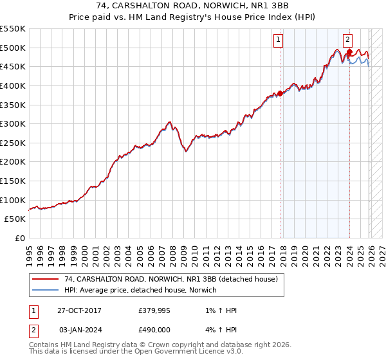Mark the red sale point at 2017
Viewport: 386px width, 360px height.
pos(280,93)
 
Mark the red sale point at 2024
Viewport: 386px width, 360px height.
pos(349,51)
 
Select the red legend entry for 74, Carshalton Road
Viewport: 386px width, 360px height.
pos(170,279)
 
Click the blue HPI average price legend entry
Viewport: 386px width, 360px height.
pos(140,290)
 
